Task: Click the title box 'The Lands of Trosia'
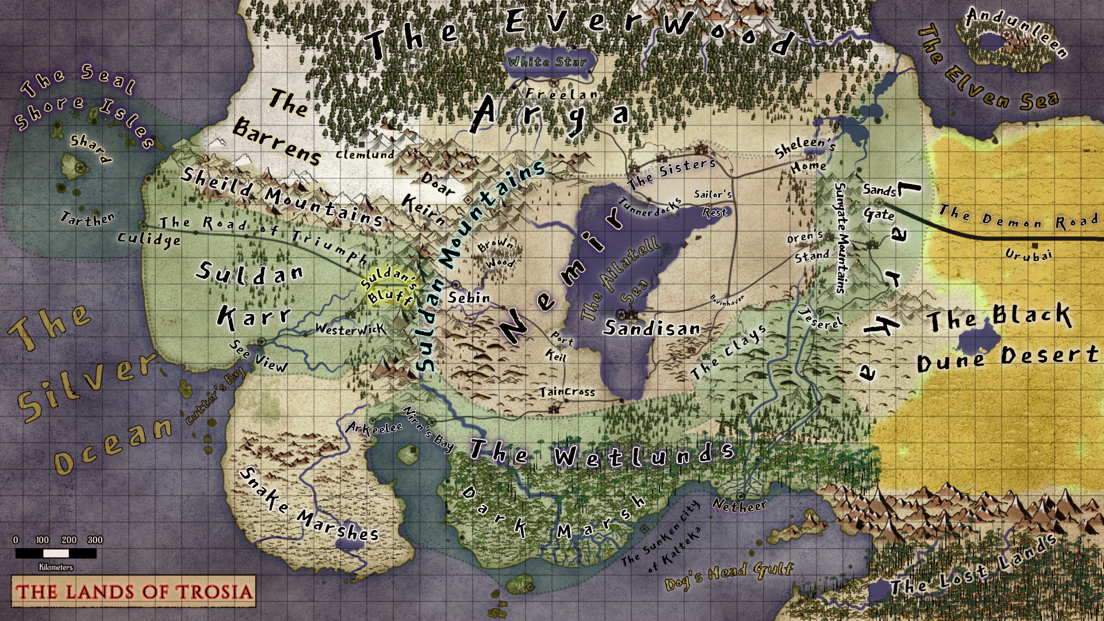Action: point(133,591)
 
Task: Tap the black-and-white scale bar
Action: point(56,553)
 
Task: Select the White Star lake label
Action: point(547,62)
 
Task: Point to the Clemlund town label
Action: point(365,154)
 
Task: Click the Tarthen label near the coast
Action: point(87,218)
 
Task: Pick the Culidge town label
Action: point(149,239)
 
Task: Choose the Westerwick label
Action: point(350,329)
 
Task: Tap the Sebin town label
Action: point(469,298)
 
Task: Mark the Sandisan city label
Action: point(652,328)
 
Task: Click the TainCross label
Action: point(568,392)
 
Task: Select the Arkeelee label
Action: point(374,428)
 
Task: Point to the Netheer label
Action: point(739,505)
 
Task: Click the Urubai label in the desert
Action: point(1029,254)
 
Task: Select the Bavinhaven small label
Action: point(727,300)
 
